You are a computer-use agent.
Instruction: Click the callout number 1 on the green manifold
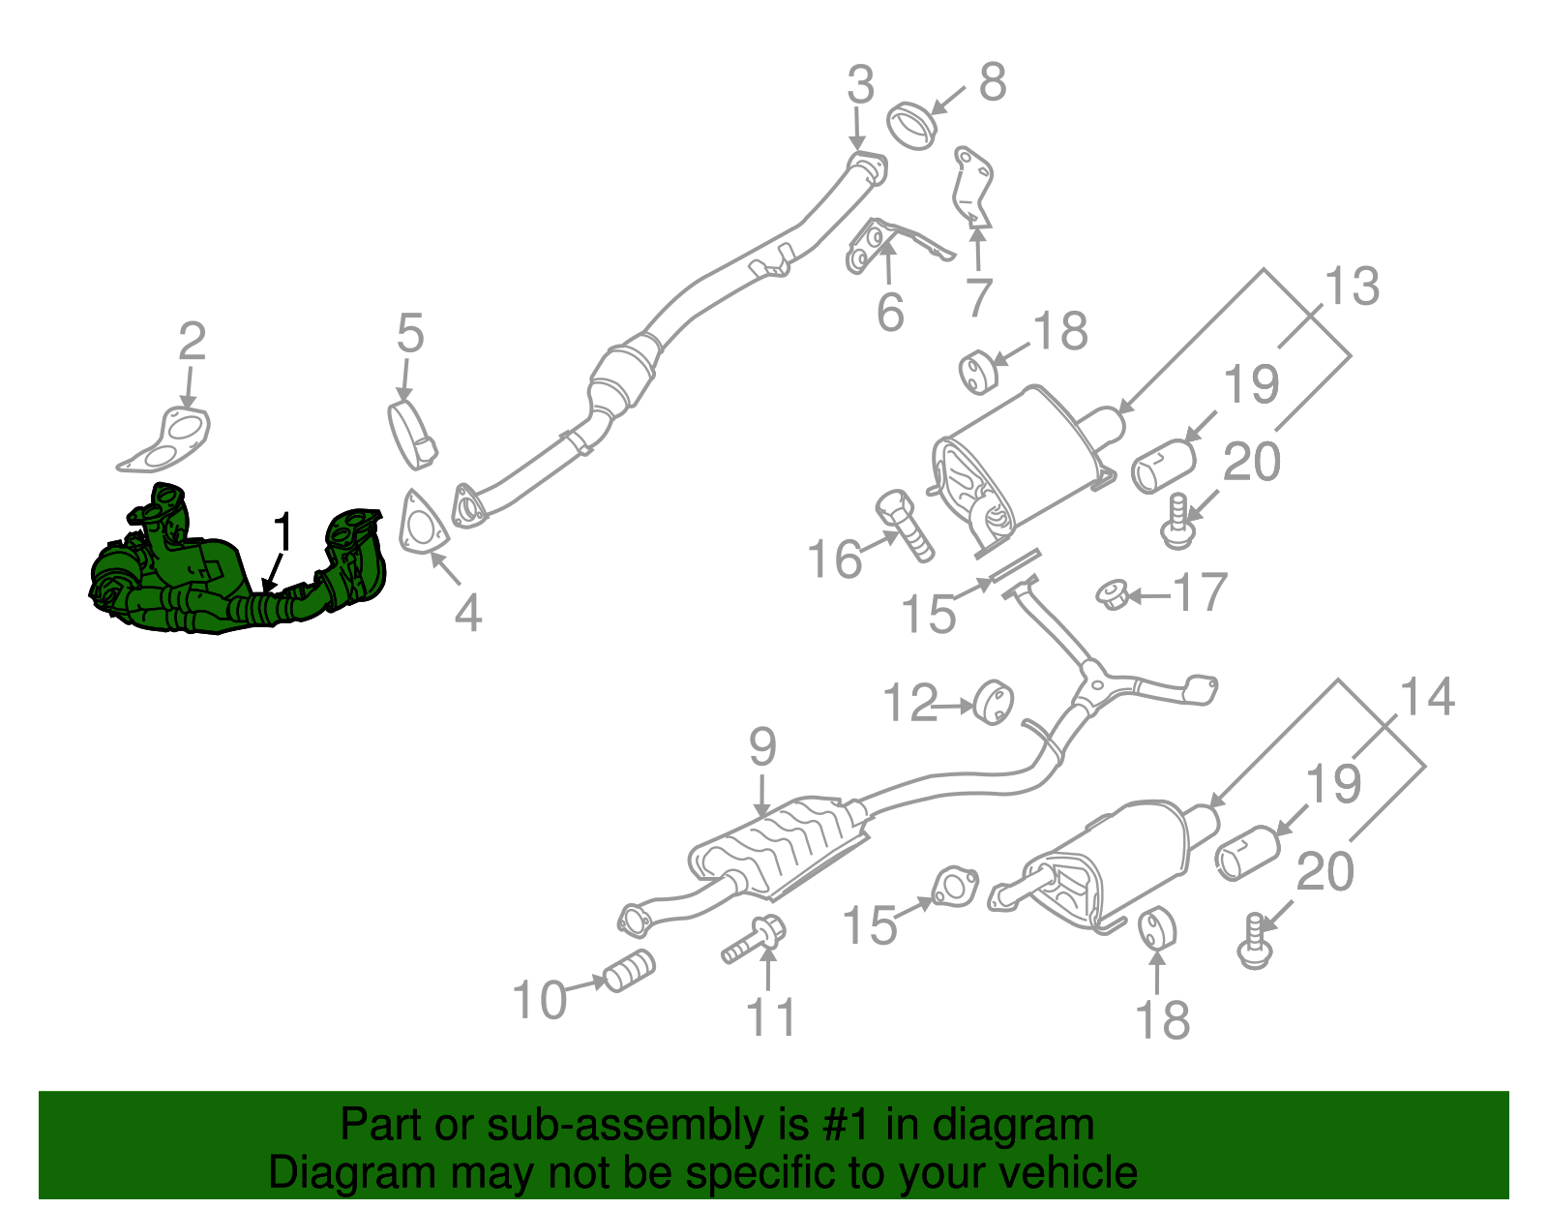[283, 531]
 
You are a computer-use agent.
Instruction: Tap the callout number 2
[193, 342]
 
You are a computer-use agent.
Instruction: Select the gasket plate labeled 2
[165, 438]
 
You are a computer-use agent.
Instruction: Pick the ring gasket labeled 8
[911, 126]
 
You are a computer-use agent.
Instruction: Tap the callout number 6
[890, 312]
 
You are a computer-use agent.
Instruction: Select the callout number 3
[860, 85]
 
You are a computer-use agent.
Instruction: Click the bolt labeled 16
[904, 525]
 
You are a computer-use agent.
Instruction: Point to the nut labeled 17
[1115, 594]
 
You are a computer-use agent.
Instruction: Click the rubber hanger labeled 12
[993, 703]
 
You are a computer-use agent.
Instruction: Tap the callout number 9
[762, 747]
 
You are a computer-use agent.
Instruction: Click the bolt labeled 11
[755, 938]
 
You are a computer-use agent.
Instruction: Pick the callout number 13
[1352, 287]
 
